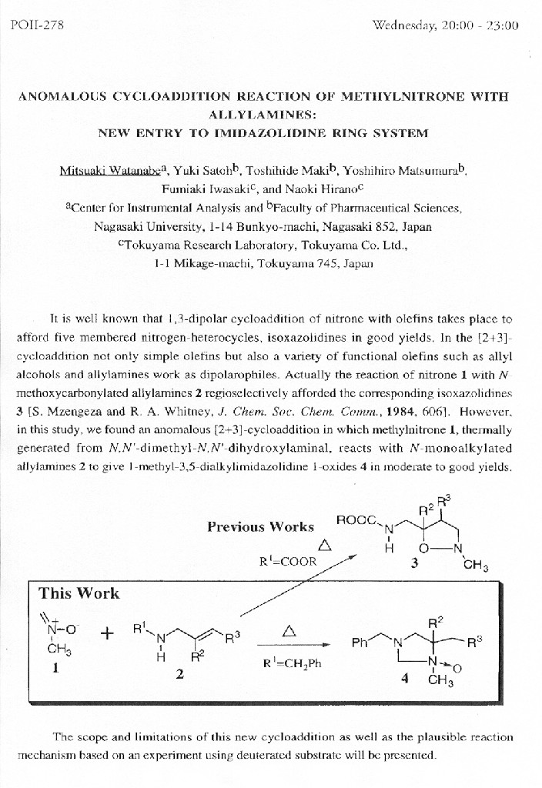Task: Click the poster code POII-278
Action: (37, 25)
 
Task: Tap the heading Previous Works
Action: (260, 527)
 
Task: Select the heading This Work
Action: (79, 593)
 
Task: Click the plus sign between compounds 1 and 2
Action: (105, 634)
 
